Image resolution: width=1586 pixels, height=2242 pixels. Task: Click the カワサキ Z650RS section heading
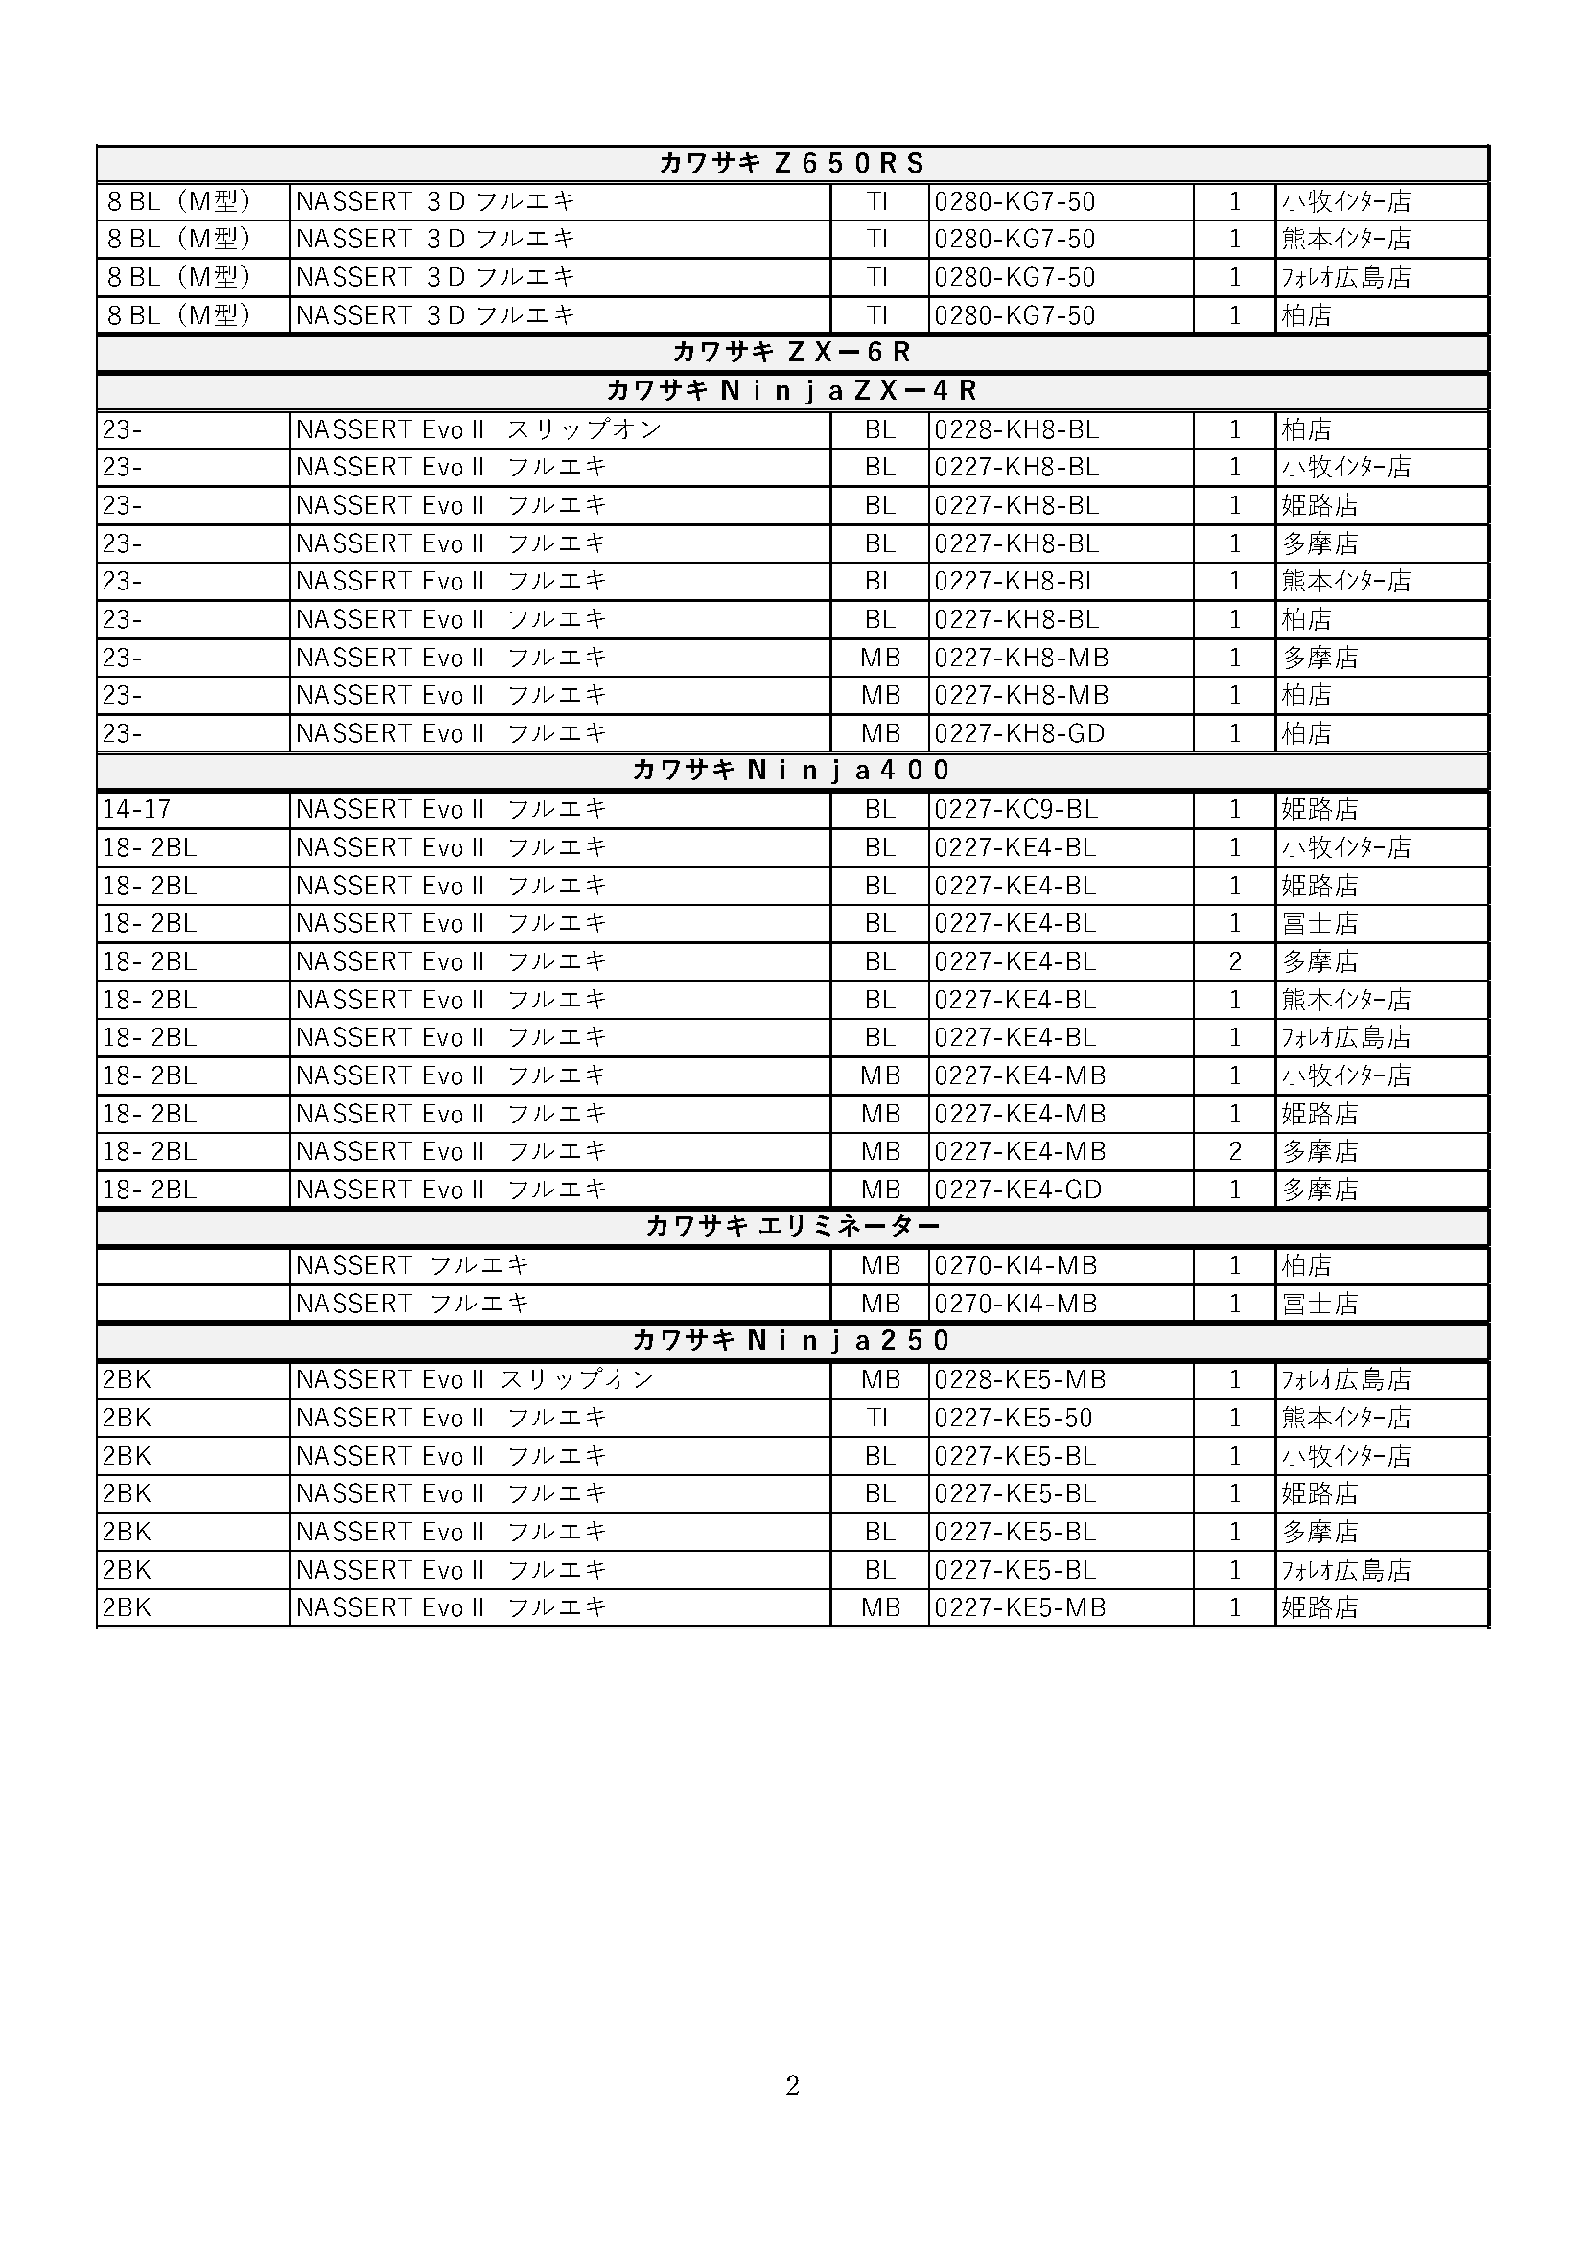[x=792, y=163]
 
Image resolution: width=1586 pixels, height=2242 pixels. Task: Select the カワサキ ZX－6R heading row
[x=792, y=353]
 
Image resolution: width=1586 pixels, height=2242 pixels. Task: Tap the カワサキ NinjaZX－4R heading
[x=792, y=390]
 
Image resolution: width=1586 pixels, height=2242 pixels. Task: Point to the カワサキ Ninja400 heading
[x=792, y=771]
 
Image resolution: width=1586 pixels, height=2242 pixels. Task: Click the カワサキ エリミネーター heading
[x=792, y=1227]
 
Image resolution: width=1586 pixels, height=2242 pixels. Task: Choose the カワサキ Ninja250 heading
[x=792, y=1341]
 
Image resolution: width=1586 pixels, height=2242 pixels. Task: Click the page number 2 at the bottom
[x=792, y=2087]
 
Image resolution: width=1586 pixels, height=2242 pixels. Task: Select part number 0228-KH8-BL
[x=1016, y=429]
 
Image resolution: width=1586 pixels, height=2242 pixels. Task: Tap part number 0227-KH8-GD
[x=1019, y=733]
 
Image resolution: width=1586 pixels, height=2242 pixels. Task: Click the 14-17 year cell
[x=137, y=810]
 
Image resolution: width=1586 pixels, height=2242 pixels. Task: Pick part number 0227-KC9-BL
[x=1015, y=810]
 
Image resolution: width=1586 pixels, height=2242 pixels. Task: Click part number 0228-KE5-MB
[x=1019, y=1379]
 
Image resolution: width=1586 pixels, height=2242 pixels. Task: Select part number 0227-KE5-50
[x=1013, y=1418]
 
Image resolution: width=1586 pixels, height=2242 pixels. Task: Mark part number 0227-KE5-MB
[x=1019, y=1607]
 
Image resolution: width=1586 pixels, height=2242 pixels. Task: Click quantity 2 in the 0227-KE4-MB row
[x=1234, y=1151]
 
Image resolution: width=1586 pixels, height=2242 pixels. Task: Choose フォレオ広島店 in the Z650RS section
[x=1345, y=277]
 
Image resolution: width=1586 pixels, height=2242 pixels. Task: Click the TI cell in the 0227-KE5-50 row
[x=878, y=1418]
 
